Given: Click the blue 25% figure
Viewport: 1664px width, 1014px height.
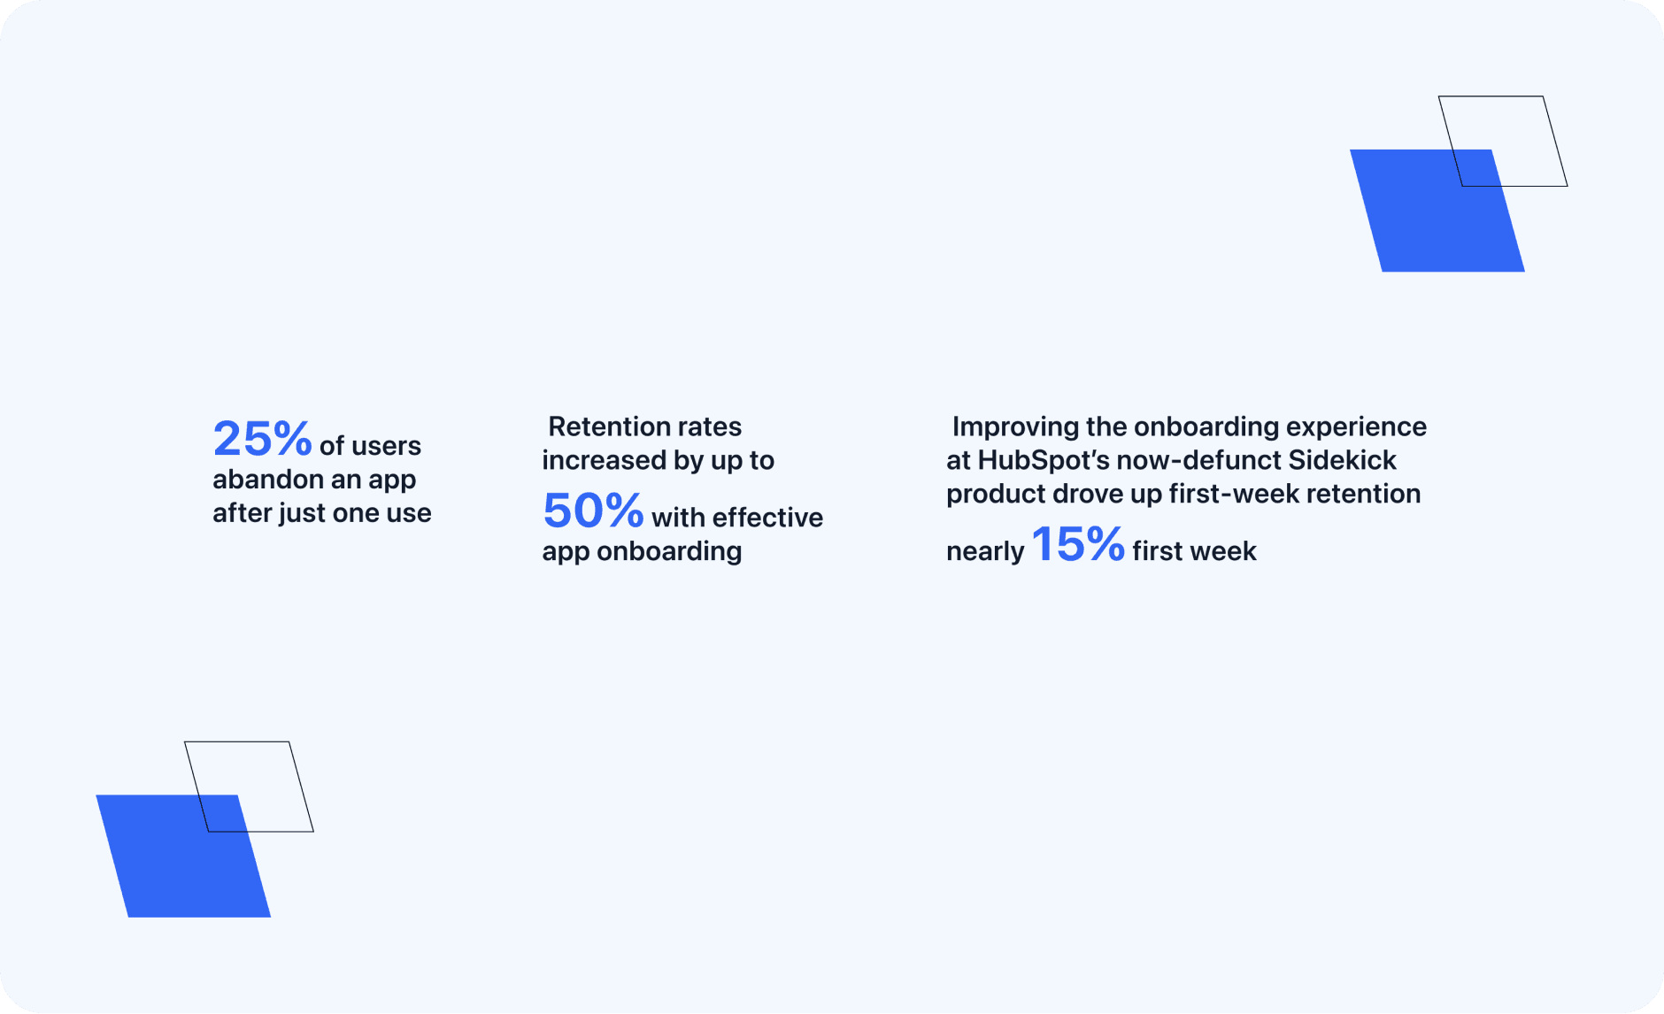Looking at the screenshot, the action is pos(262,439).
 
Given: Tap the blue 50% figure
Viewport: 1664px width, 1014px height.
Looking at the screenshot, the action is pos(593,511).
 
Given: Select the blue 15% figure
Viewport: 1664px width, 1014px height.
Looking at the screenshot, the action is pos(1078,544).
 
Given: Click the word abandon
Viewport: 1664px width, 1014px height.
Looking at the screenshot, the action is pos(268,480).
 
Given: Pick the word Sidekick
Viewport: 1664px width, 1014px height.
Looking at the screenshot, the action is pos(1342,460).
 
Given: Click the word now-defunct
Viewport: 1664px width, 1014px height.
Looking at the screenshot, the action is pos(1198,460).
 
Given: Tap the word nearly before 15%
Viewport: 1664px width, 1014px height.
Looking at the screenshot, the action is pos(985,552).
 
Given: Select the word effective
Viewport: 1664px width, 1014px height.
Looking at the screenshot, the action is pos(767,518).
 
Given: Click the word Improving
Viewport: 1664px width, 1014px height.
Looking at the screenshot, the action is pos(1015,427).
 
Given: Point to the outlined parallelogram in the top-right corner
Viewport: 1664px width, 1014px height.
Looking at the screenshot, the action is pos(1556,142).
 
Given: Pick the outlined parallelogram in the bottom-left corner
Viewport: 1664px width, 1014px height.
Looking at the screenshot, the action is pos(302,787).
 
